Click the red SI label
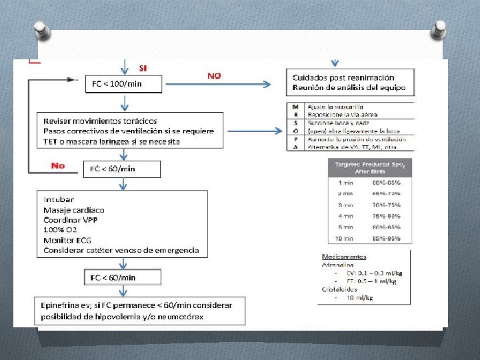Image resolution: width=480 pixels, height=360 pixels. (143, 68)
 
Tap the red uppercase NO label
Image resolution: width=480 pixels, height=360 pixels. (214, 76)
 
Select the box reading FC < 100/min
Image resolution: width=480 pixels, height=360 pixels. (117, 84)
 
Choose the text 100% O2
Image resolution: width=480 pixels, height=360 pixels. (61, 229)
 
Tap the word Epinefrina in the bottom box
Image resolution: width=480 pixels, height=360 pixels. (60, 305)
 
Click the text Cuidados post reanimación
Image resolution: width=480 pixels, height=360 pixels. (343, 78)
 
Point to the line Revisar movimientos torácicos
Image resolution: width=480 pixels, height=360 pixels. (100, 121)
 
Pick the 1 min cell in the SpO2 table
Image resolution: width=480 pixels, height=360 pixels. (345, 182)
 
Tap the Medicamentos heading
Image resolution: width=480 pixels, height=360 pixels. (343, 256)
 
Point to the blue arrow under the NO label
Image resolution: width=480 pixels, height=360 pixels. (240, 85)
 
